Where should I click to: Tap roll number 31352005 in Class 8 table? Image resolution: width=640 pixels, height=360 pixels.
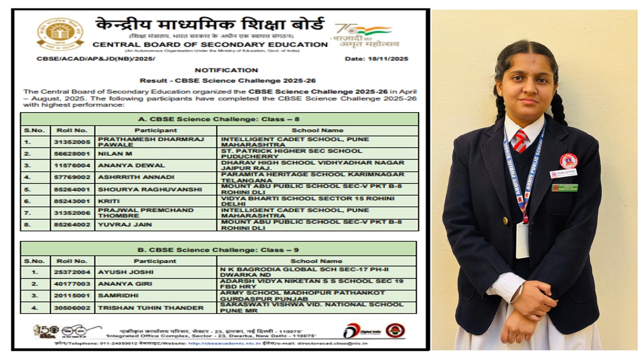tap(72, 142)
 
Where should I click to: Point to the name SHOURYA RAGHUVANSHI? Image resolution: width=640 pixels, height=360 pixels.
tap(140, 189)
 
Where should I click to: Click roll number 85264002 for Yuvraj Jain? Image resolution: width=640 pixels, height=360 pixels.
tap(72, 225)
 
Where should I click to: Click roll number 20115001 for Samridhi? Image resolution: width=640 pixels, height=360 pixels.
tap(72, 296)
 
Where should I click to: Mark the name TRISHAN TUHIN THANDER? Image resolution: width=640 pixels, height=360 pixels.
tap(150, 308)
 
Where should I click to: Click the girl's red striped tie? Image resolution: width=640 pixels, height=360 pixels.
tap(520, 141)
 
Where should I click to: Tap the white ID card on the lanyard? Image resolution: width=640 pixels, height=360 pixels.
tap(522, 240)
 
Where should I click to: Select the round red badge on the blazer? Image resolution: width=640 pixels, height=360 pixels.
tap(568, 161)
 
